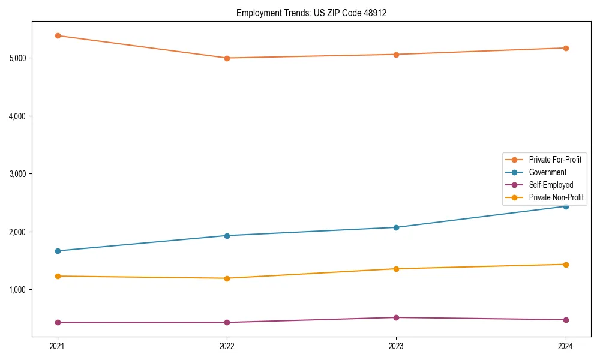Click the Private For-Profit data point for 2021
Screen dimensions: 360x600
[x=58, y=35]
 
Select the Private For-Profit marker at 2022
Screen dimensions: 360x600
[x=227, y=58]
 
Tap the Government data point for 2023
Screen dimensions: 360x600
[x=396, y=227]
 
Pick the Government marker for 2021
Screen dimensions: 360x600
[x=58, y=251]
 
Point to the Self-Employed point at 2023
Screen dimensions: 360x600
[x=396, y=317]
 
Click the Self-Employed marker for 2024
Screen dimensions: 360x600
[x=566, y=320]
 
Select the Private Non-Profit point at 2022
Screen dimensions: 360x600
[x=227, y=278]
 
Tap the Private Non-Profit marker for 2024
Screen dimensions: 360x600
[x=566, y=265]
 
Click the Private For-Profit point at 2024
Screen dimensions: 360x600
[x=566, y=48]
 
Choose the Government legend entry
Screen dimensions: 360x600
[x=547, y=172]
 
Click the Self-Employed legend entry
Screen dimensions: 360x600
[x=551, y=185]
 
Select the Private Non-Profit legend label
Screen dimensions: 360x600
[x=556, y=197]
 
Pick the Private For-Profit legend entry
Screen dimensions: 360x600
[x=554, y=160]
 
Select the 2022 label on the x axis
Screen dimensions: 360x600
[x=227, y=346]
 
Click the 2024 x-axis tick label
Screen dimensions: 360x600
[x=566, y=346]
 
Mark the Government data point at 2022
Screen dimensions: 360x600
[x=227, y=236]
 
